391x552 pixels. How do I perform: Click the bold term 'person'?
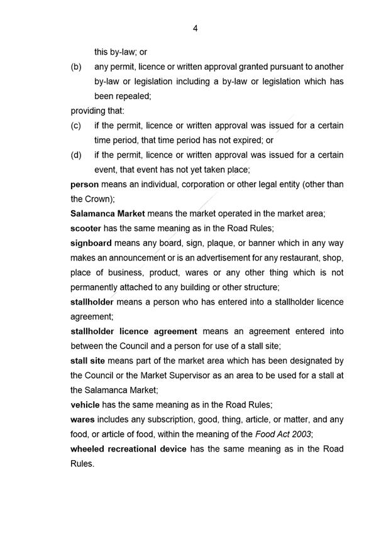[x=84, y=185]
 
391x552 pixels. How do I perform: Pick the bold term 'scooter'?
[x=86, y=229]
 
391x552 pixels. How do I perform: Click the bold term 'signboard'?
[x=91, y=243]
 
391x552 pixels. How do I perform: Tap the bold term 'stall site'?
[x=87, y=360]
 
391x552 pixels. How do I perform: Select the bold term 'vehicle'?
[x=85, y=404]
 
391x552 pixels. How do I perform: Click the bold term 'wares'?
[x=83, y=419]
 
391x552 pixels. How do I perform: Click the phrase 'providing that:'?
[x=97, y=111]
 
